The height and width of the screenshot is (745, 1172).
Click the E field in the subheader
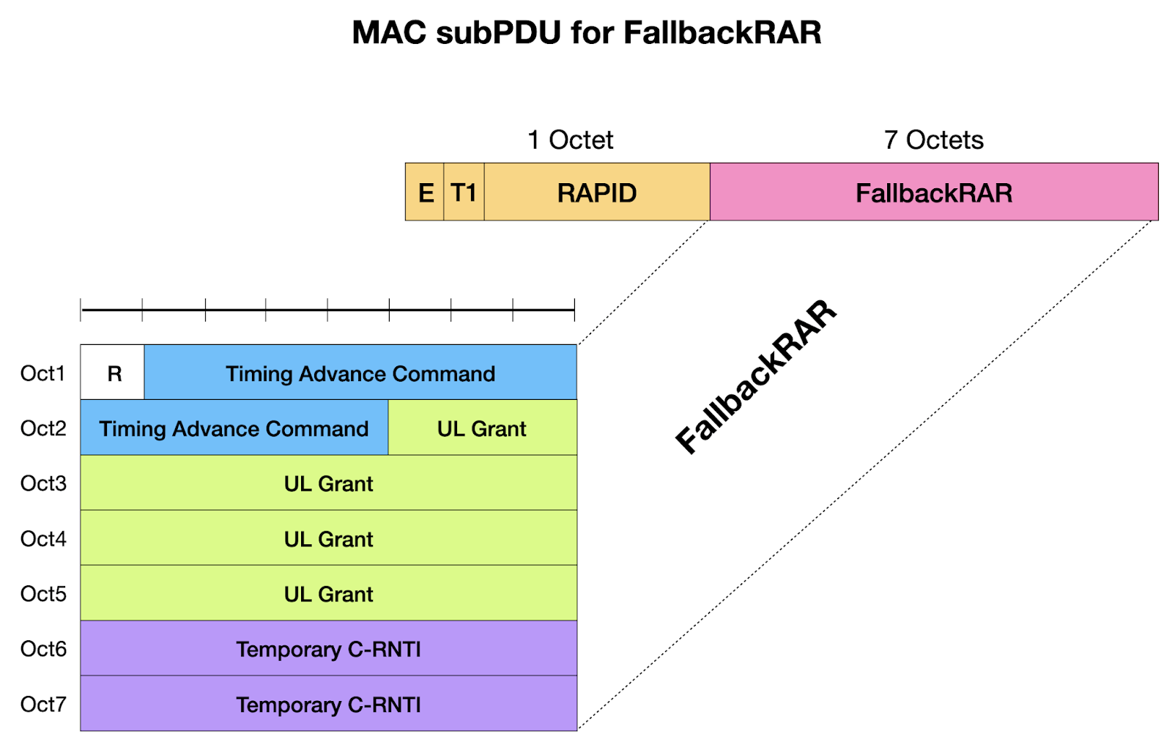coord(425,193)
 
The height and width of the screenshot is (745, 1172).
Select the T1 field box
coord(464,193)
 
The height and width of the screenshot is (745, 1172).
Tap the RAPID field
coord(596,193)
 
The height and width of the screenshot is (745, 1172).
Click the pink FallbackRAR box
coord(934,193)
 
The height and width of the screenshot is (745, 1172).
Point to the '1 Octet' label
coord(570,140)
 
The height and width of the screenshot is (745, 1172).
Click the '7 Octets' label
coord(933,140)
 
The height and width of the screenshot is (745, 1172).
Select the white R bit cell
coord(114,374)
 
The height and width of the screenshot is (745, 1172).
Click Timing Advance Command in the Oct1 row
coord(360,374)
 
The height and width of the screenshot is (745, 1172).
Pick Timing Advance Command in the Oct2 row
coord(234,429)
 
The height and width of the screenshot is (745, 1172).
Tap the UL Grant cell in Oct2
coord(481,429)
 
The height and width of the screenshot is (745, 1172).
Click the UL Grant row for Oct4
coord(328,539)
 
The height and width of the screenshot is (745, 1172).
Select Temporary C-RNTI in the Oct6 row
coord(328,649)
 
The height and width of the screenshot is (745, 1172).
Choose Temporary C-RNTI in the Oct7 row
coord(328,705)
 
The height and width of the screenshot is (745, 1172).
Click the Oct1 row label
coord(42,374)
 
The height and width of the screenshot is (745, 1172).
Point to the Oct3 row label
coord(43,483)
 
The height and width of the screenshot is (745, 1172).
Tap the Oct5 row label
coord(43,594)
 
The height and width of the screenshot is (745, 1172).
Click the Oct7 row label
coord(43,705)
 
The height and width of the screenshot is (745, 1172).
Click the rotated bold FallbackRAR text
coord(755,377)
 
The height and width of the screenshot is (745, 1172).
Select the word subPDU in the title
coord(498,33)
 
